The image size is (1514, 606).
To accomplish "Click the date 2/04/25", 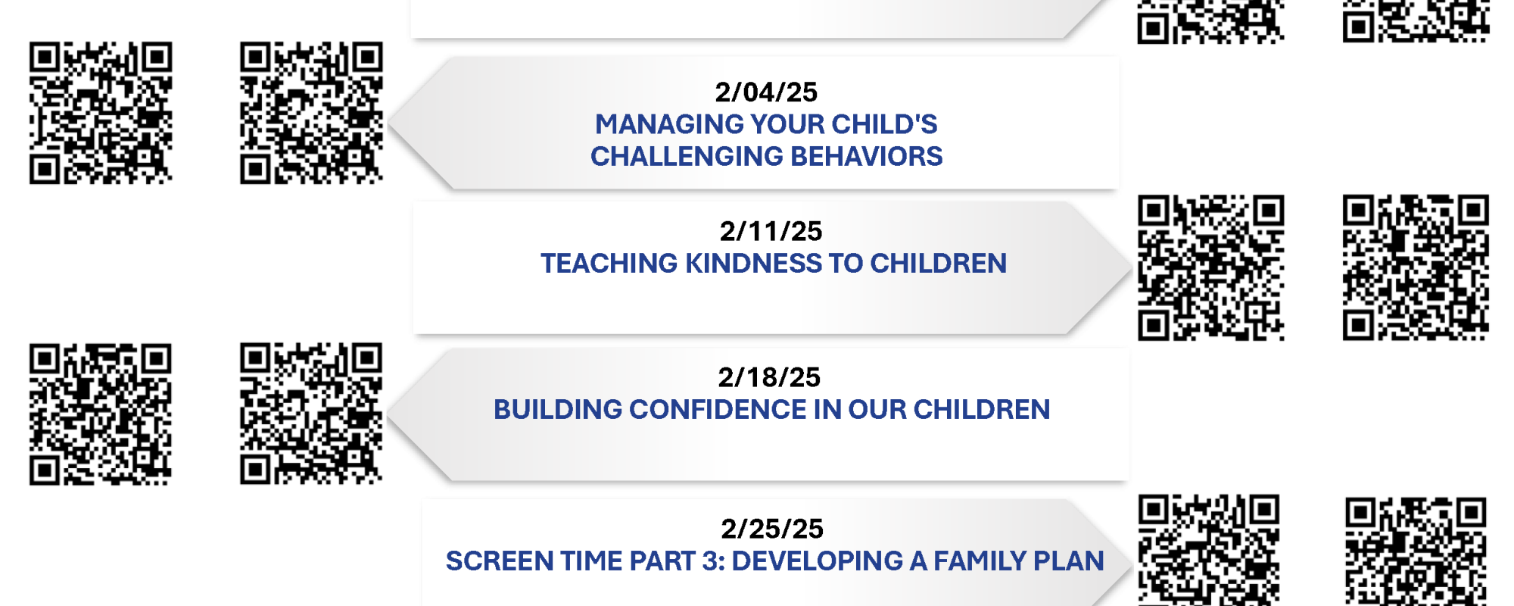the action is click(x=766, y=92).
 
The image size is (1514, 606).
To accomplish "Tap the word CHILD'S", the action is click(x=884, y=124).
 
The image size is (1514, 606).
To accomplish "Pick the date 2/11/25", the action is click(x=771, y=231).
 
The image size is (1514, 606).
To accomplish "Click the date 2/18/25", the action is click(x=769, y=377).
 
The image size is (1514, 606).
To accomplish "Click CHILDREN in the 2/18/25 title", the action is click(x=982, y=410).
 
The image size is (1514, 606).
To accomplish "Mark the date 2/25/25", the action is click(x=772, y=529).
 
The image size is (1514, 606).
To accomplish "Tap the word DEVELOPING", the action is click(x=817, y=561).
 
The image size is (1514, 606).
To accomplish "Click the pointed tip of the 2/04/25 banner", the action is click(x=388, y=123).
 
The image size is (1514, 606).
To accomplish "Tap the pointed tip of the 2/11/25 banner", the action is click(x=1132, y=267).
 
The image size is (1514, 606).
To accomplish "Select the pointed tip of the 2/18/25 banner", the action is click(x=388, y=414).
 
